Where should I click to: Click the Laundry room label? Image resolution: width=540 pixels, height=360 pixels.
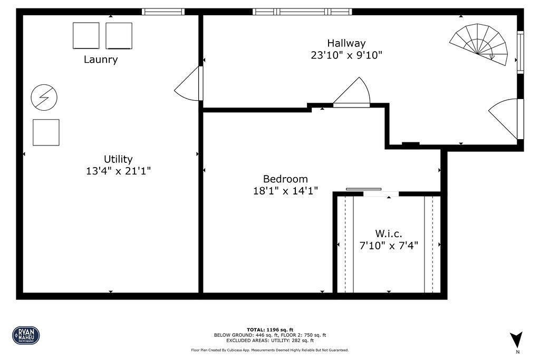click(x=101, y=60)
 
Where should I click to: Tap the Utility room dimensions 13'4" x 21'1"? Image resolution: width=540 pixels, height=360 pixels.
click(x=118, y=171)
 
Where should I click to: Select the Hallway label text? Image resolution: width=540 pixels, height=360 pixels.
click(x=346, y=43)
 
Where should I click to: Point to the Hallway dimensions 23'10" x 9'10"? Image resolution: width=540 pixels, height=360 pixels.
click(x=346, y=55)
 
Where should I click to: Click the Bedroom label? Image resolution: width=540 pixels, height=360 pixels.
click(x=285, y=179)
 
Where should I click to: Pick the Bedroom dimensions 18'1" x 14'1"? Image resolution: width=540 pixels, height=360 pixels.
click(x=285, y=191)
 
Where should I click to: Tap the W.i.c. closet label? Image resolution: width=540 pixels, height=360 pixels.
click(x=389, y=233)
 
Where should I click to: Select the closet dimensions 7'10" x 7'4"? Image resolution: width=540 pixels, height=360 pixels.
click(x=389, y=245)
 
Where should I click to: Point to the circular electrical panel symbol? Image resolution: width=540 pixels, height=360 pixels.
click(x=44, y=97)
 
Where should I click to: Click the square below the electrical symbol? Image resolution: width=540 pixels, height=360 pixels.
click(x=46, y=132)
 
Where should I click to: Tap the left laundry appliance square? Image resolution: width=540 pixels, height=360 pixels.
click(x=86, y=35)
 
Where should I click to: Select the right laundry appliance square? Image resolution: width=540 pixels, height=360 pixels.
click(x=119, y=35)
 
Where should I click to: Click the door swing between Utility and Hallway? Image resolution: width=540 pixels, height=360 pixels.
click(x=189, y=85)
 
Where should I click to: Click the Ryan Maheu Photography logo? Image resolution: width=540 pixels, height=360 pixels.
click(x=26, y=335)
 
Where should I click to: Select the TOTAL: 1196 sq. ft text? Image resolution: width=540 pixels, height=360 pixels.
click(x=269, y=329)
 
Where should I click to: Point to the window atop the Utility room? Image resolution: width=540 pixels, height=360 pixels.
click(x=163, y=11)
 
